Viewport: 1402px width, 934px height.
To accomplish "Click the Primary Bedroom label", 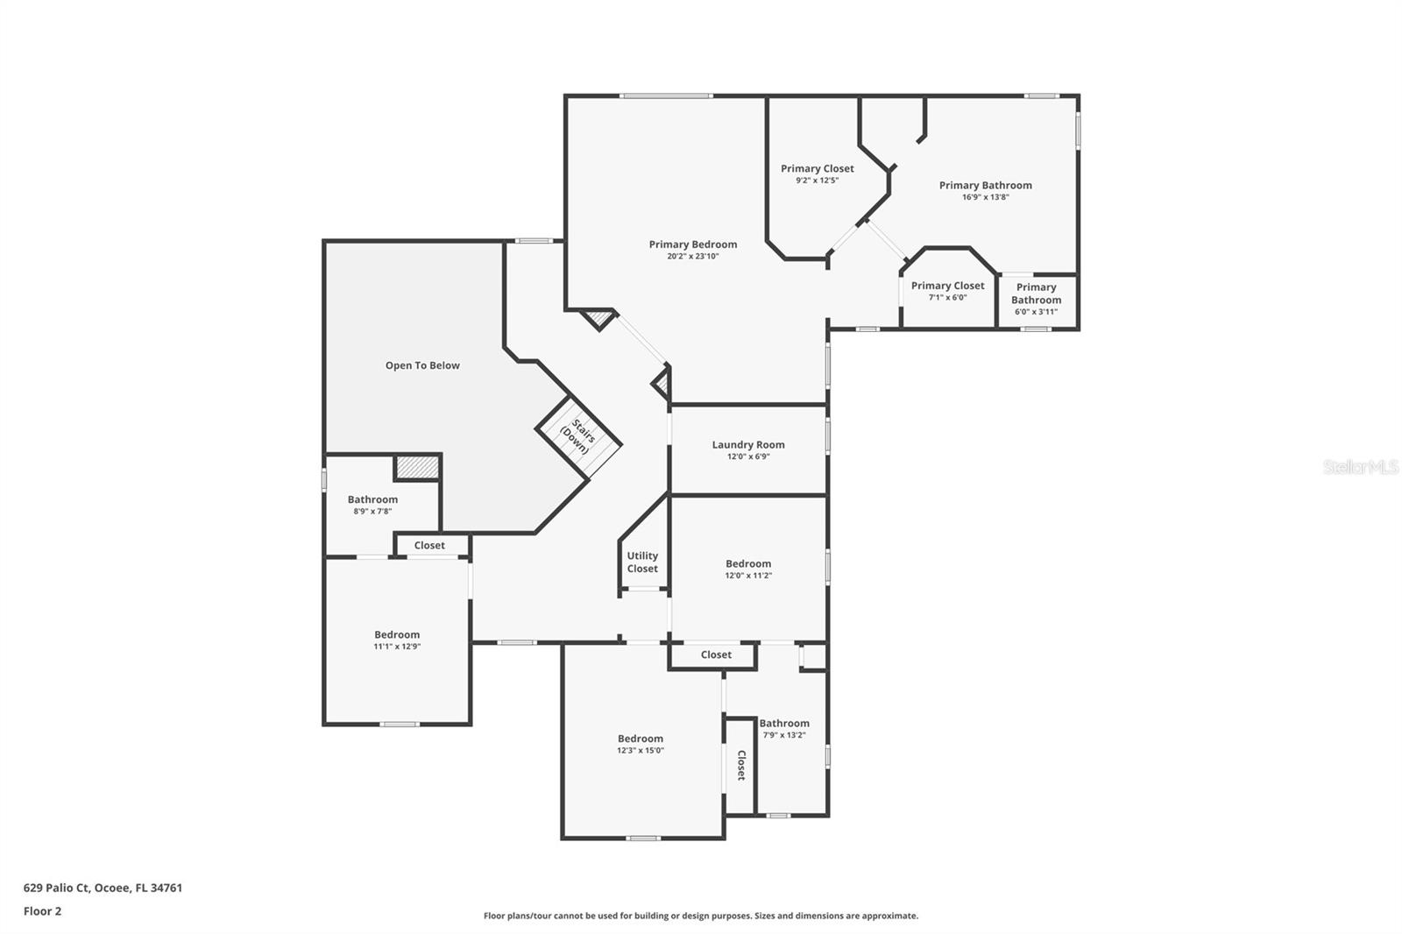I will coord(692,244).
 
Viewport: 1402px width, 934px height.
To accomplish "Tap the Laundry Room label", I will coord(747,444).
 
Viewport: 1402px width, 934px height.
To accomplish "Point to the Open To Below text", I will coord(422,365).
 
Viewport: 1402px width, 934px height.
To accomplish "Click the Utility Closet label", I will coord(642,562).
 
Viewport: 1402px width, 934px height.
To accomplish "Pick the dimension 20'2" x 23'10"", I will coord(692,257).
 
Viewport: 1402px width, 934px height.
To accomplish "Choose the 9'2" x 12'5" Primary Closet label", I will coord(817,168).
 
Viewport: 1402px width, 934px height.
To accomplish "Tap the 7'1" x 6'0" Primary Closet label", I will coord(947,286).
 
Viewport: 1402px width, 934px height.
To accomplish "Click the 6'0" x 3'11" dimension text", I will coord(1036,312).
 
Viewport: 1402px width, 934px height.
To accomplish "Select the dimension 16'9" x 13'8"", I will coord(985,197).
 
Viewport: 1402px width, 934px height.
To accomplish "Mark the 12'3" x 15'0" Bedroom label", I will coord(640,739).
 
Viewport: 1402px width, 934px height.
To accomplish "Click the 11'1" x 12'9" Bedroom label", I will coord(397,634).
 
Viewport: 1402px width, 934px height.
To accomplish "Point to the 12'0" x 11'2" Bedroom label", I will coord(747,563).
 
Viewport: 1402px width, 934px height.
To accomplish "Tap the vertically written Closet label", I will coord(740,765).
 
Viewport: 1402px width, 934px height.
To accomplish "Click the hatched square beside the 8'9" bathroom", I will coord(417,467).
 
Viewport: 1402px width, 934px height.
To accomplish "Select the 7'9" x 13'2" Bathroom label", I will coord(784,724).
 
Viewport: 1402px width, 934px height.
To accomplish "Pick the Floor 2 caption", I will coord(42,911).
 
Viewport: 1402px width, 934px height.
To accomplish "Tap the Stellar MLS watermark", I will coord(1360,467).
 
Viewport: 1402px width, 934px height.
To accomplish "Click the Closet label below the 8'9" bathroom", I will coord(429,545).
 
